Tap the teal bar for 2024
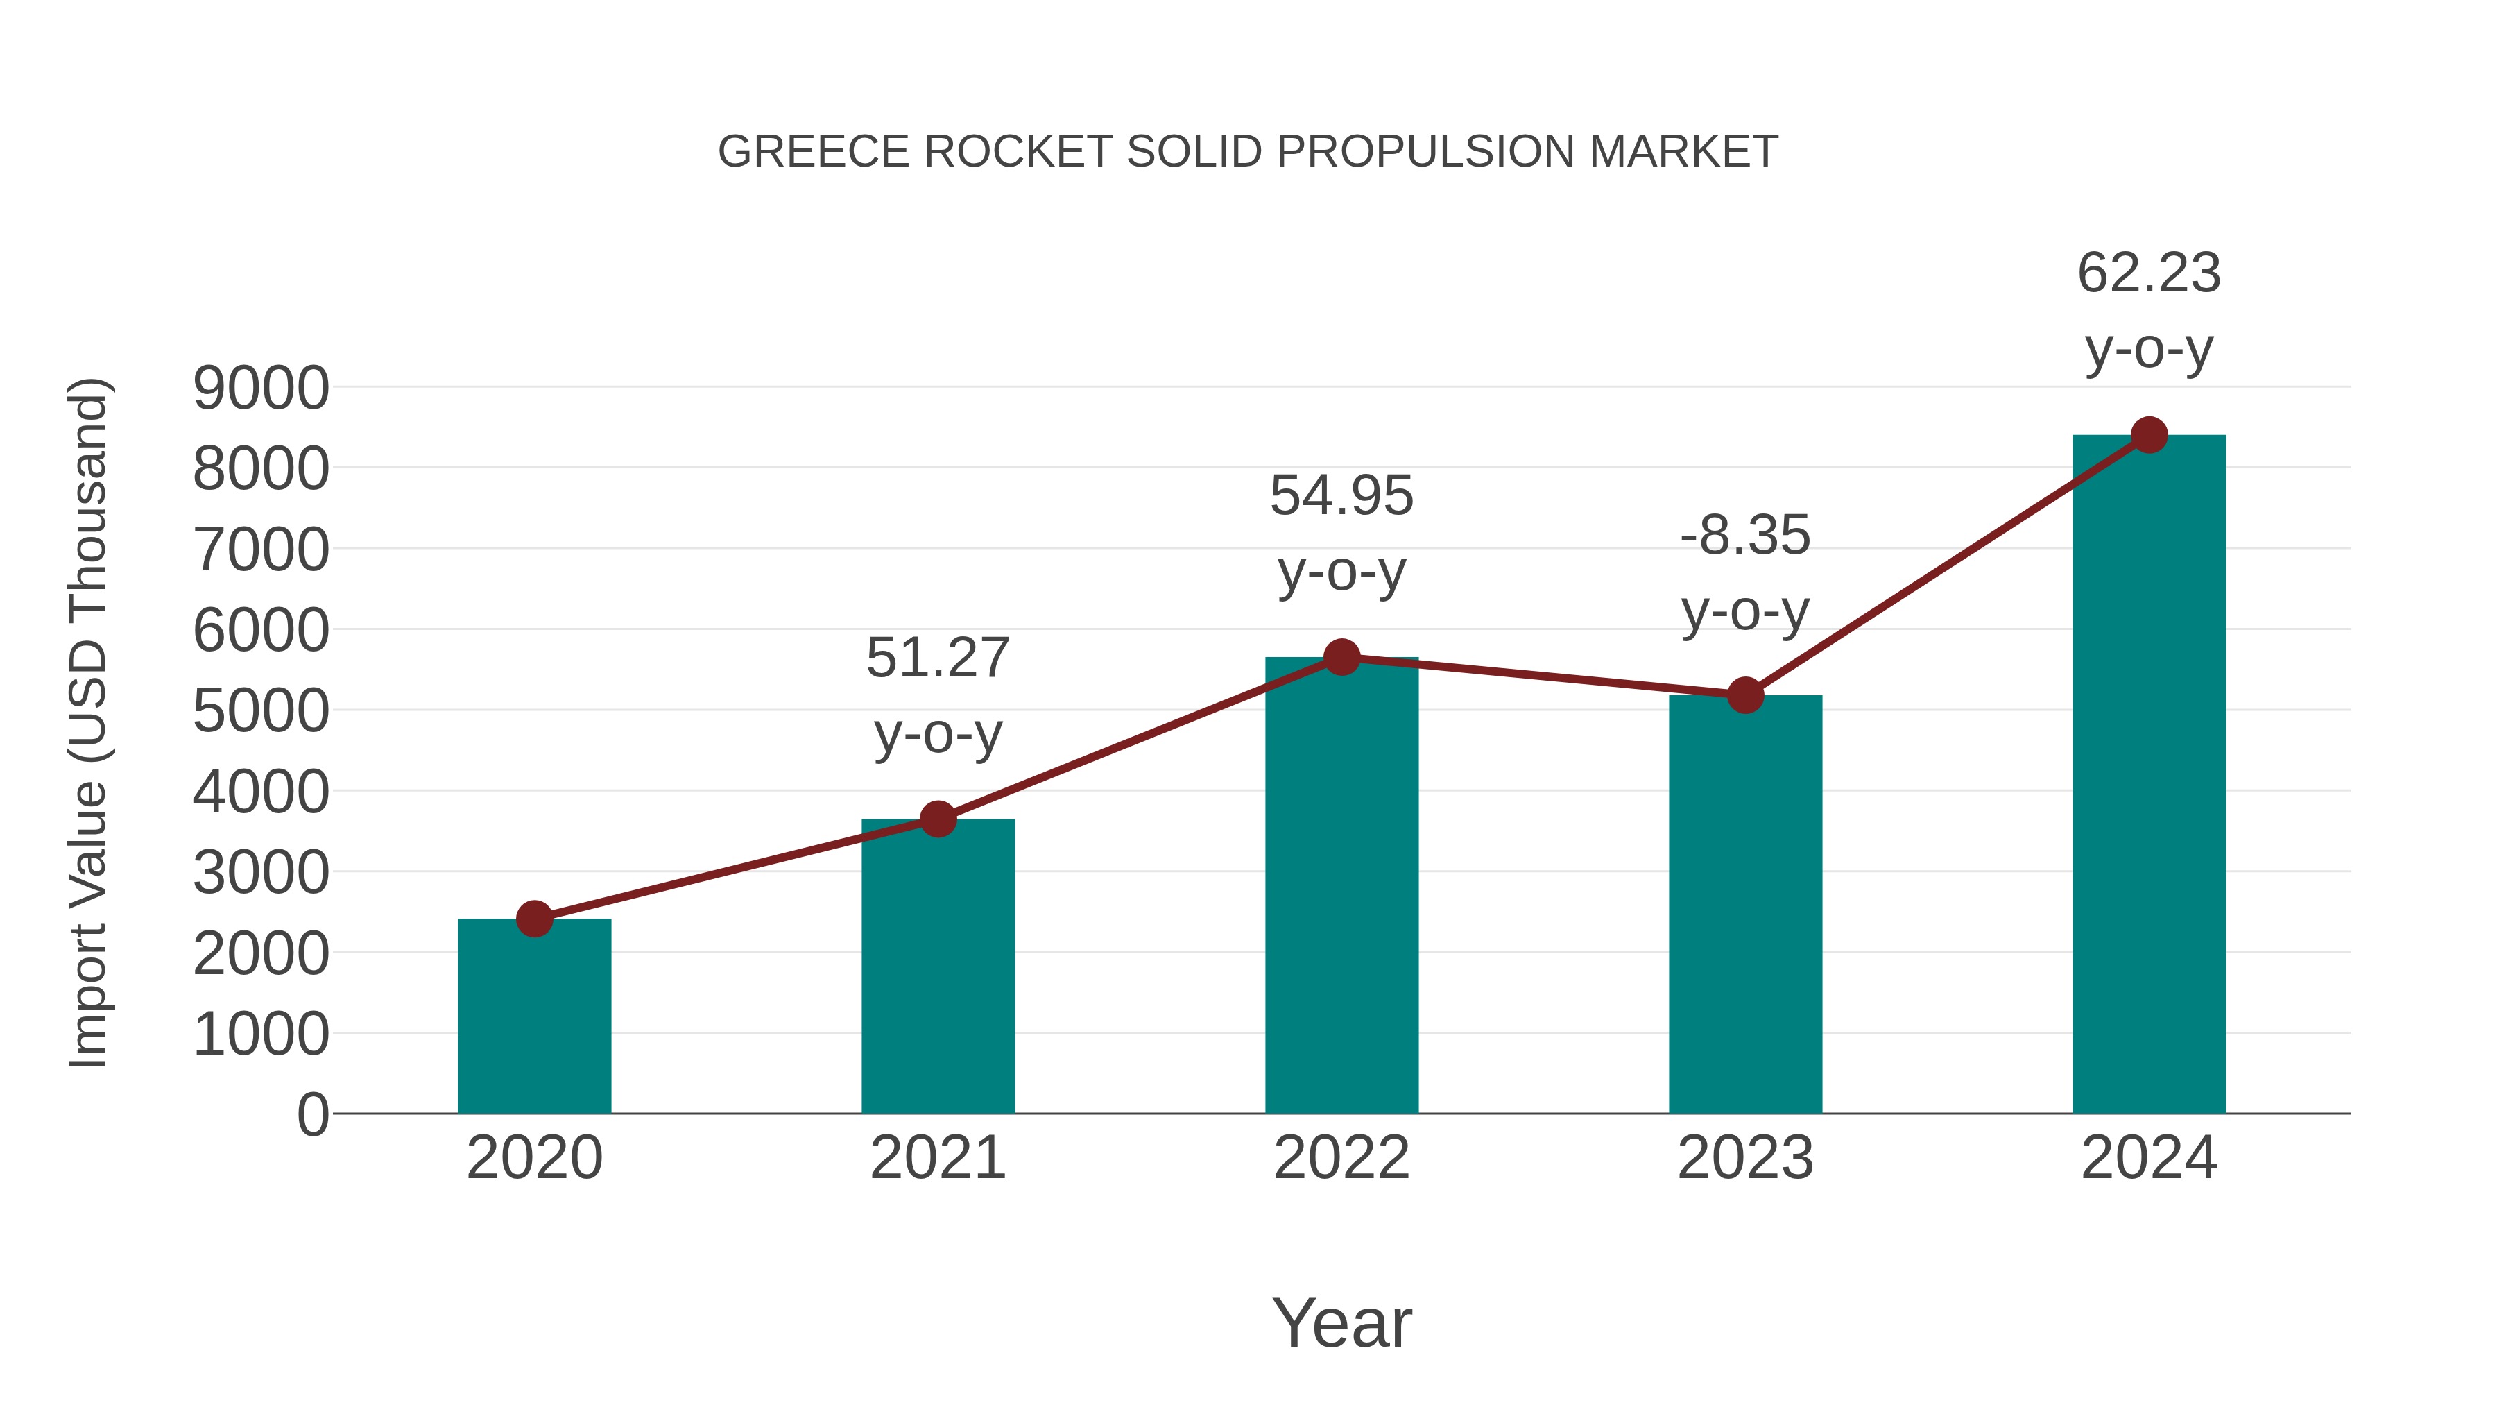pos(2149,775)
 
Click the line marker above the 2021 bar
pos(937,819)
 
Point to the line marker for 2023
pos(1745,695)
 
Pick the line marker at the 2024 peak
pos(2149,435)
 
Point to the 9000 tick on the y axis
pos(261,388)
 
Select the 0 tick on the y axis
pos(313,1114)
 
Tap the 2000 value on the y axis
pos(261,953)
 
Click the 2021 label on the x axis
pos(937,1158)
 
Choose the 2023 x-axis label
pos(1745,1158)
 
